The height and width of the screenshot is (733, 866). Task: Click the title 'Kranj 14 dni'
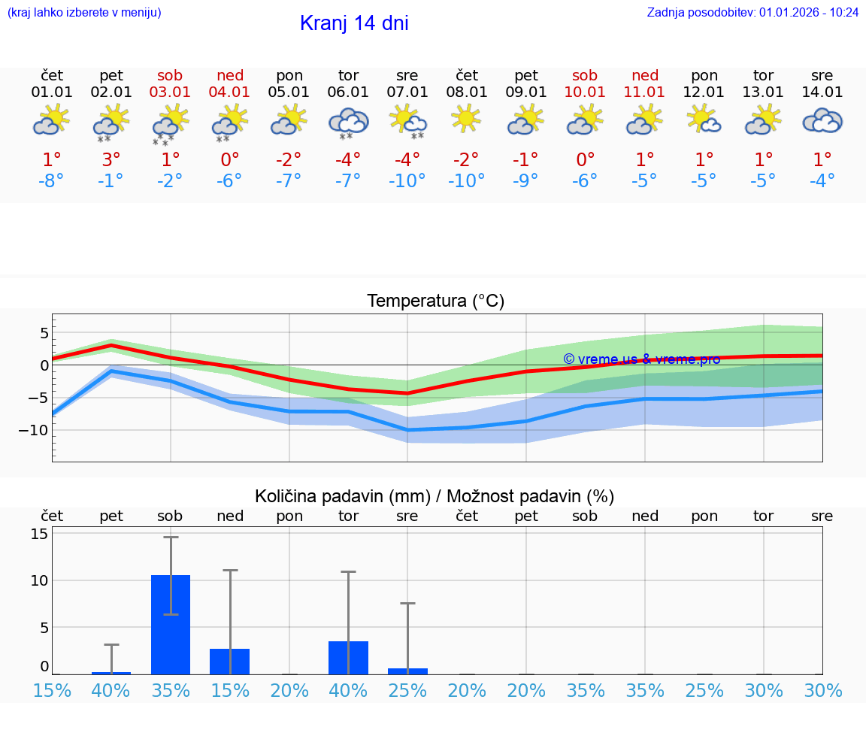coord(354,23)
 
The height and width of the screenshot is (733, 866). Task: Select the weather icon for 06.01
coord(348,122)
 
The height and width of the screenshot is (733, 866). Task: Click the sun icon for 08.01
coord(466,118)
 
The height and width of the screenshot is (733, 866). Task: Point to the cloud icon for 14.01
coord(822,120)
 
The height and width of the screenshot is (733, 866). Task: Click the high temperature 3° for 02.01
coord(111,160)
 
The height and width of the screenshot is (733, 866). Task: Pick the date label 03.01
coord(170,92)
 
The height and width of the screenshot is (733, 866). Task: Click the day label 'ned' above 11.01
coord(644,75)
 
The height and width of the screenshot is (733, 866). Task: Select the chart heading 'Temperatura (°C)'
coord(435,301)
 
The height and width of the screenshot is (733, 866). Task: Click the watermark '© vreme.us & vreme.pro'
coord(641,359)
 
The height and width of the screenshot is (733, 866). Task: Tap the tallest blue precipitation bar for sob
coord(171,624)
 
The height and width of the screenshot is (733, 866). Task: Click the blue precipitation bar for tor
coord(348,658)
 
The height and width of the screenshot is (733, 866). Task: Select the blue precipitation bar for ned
coord(229,662)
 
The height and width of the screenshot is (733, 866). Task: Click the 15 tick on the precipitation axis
coord(39,534)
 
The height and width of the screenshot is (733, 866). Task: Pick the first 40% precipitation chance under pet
coord(111,691)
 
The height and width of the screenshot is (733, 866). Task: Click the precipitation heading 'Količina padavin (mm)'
coord(342,496)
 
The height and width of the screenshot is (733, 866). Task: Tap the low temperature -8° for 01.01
coord(52,181)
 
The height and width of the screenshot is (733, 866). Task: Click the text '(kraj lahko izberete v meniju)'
coord(84,12)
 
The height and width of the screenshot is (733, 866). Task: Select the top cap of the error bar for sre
coord(407,603)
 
